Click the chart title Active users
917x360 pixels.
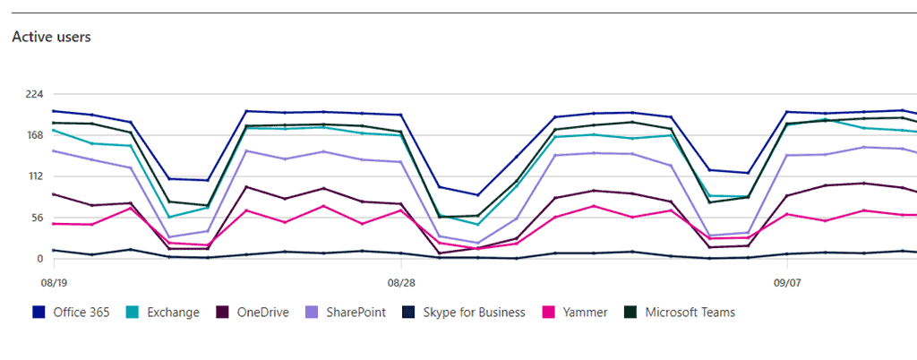[51, 38]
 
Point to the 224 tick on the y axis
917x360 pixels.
[35, 94]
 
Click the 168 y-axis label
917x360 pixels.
[35, 135]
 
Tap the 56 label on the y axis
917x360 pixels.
[38, 218]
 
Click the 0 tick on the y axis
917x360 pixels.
[40, 259]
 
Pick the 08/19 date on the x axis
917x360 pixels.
[54, 281]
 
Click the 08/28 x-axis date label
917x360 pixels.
[400, 281]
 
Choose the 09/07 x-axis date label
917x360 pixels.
[787, 281]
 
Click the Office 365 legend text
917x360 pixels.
[81, 313]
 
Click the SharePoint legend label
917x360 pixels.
[356, 313]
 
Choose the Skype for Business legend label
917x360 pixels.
[474, 313]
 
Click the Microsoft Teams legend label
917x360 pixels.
[690, 313]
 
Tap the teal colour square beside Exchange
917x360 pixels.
[133, 313]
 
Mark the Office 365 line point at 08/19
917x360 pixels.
[54, 111]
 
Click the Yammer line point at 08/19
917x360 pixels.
[54, 223]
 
